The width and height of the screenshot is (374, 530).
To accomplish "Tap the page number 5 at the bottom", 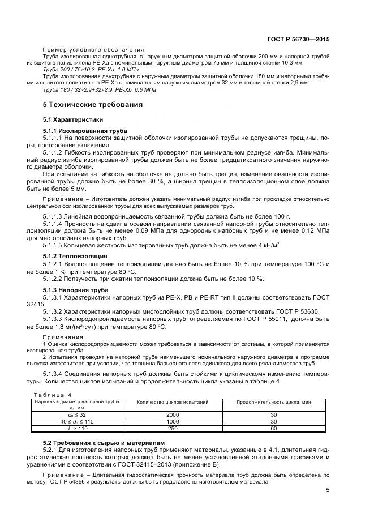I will (328, 491).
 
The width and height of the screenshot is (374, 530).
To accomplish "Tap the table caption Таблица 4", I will (53, 395).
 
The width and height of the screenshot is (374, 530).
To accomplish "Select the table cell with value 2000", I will (173, 415).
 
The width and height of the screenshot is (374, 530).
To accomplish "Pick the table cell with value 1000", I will (173, 422).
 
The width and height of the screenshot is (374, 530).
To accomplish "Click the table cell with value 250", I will (173, 429).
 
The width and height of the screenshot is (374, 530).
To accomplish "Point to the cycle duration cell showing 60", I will (274, 429).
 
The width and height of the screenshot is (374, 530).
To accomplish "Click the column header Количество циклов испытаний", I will (173, 401).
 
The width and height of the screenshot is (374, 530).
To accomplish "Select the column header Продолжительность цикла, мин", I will (274, 401).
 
